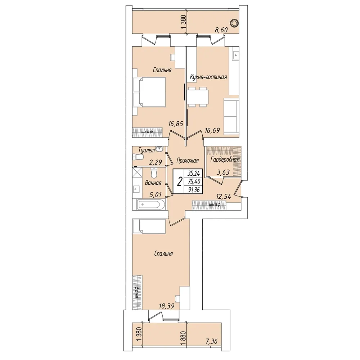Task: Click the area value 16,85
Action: pos(176,124)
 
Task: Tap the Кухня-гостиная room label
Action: pos(208,77)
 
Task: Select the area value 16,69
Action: pos(212,130)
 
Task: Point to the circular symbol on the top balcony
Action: pos(234,23)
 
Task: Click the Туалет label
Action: pos(147,150)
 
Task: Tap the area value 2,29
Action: pos(156,162)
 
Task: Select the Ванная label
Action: pos(153,183)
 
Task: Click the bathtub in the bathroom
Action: pos(149,204)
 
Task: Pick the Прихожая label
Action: pos(187,161)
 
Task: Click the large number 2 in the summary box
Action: pos(180,181)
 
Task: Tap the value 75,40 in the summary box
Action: pos(194,181)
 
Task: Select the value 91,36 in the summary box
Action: pos(194,190)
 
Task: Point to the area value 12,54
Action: pos(224,197)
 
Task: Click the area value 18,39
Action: pos(166,306)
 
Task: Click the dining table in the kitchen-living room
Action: pos(197,97)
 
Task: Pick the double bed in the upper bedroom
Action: pos(149,92)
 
